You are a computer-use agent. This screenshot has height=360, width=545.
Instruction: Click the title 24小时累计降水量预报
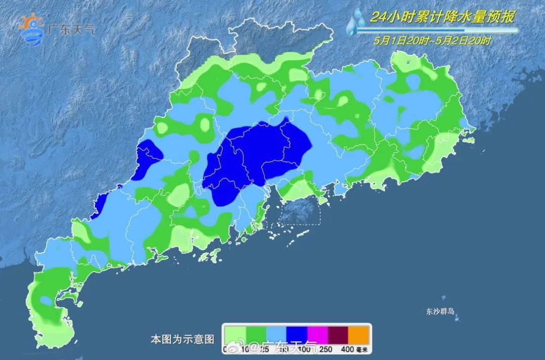(442, 17)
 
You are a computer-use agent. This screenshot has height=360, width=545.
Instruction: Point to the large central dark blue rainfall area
(257, 157)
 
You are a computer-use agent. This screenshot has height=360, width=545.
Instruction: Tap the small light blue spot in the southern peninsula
(46, 301)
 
